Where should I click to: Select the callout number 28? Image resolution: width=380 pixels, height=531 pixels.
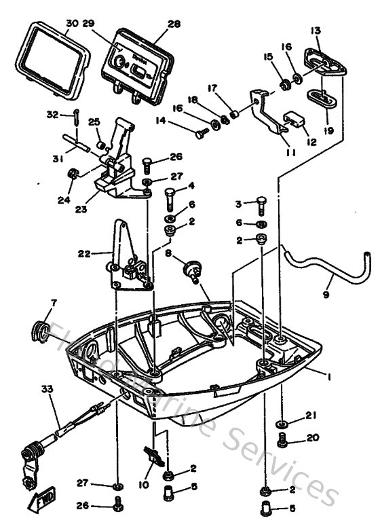pos(174,24)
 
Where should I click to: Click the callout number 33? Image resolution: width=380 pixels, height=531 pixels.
pos(47,389)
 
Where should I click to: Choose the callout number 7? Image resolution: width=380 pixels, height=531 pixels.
pos(54,301)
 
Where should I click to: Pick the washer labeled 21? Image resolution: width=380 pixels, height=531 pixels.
pos(282,425)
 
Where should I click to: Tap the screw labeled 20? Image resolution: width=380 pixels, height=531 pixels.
pos(282,442)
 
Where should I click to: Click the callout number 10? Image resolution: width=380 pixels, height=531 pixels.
pos(142,486)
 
